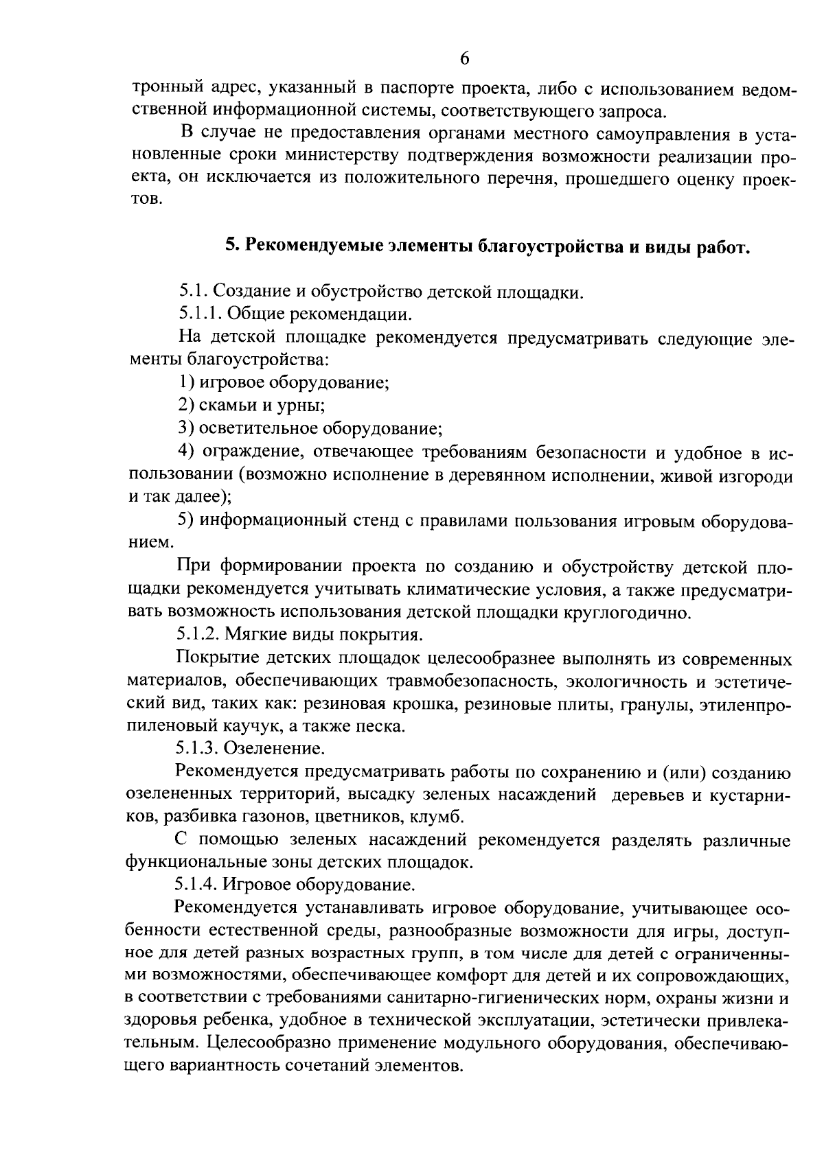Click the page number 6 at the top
pyautogui.click(x=463, y=59)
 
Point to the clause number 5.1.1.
pyautogui.click(x=200, y=315)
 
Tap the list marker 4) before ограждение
pyautogui.click(x=185, y=453)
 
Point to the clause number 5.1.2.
pyautogui.click(x=200, y=635)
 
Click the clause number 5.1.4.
pyautogui.click(x=200, y=884)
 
